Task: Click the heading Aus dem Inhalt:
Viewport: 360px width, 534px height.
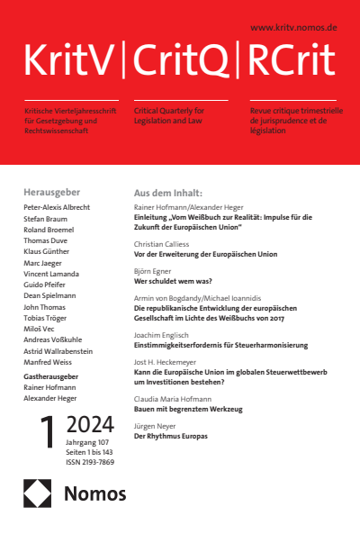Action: (167, 193)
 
